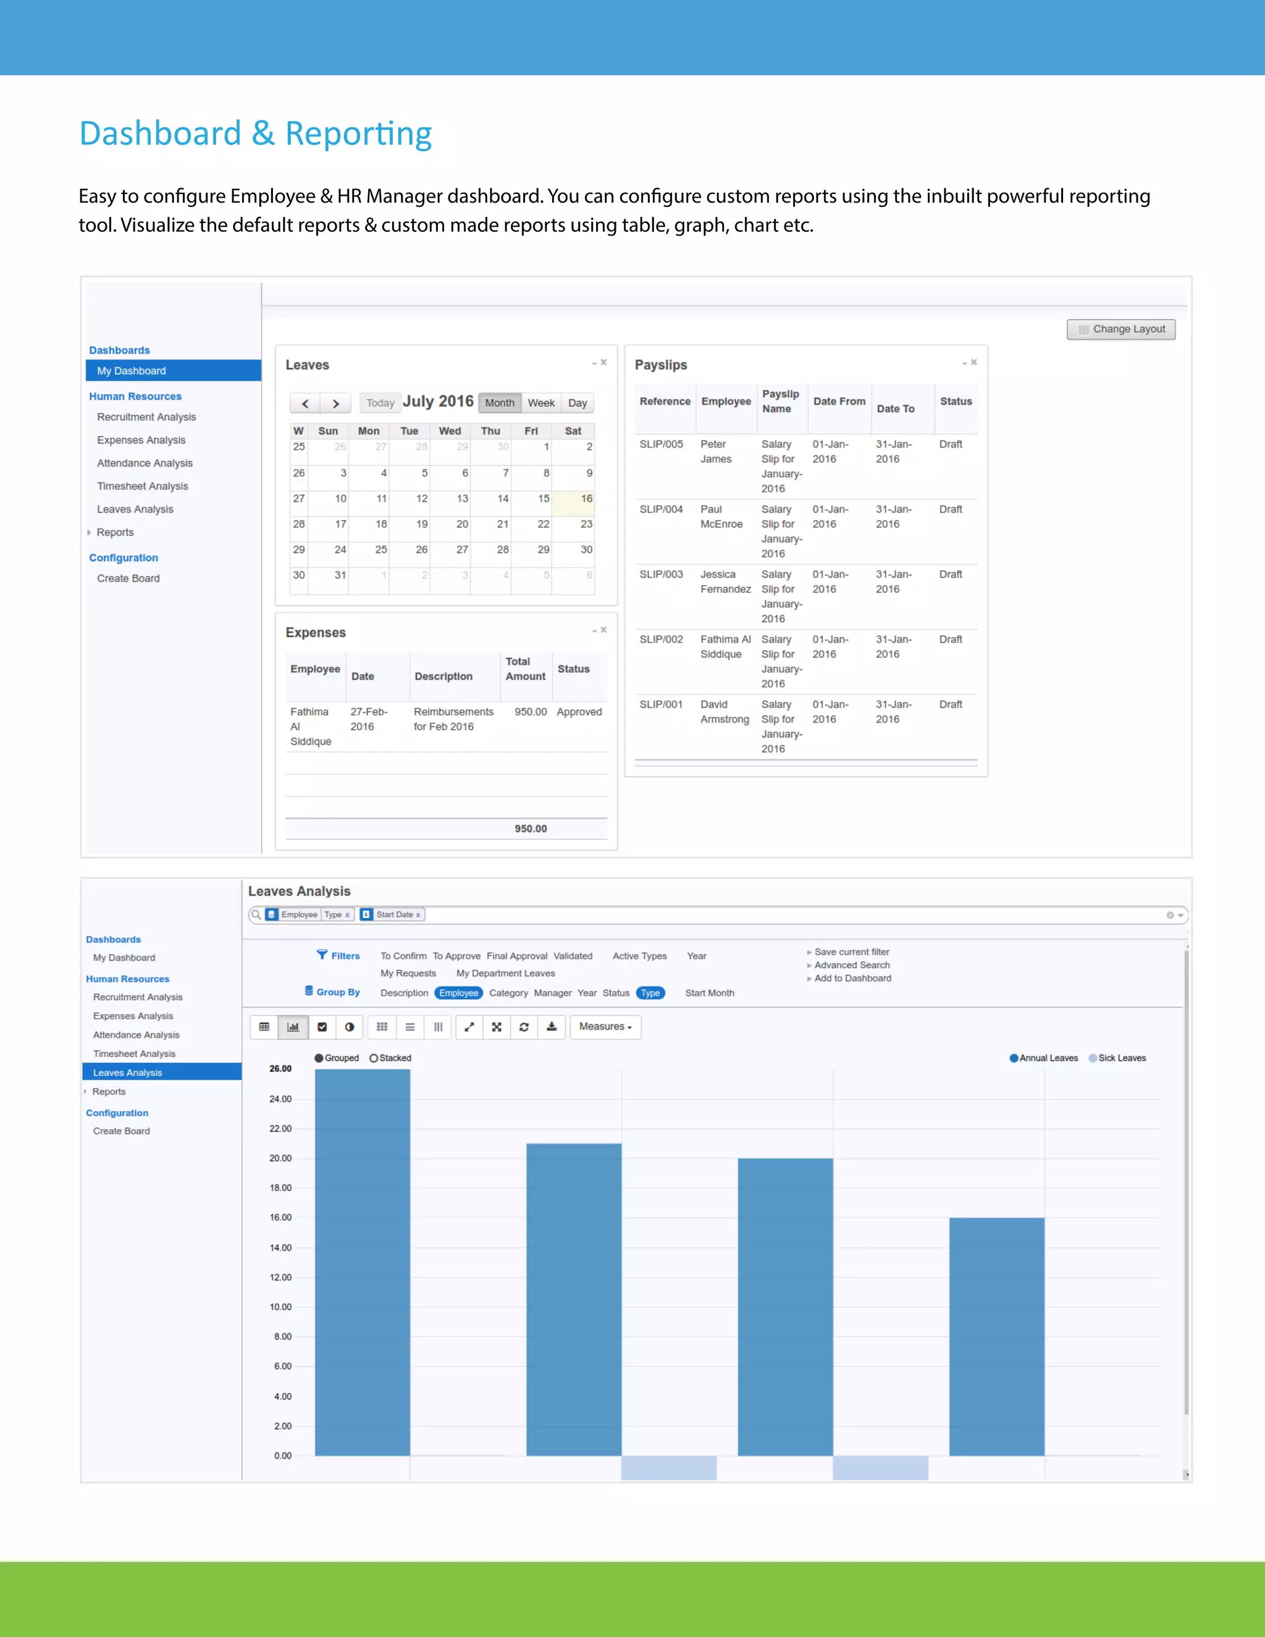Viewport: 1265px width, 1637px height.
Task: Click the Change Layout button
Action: click(x=1121, y=329)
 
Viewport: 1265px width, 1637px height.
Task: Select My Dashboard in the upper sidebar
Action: click(x=131, y=371)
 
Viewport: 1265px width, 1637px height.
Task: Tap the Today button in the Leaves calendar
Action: click(x=380, y=403)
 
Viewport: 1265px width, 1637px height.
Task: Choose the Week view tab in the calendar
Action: click(x=541, y=403)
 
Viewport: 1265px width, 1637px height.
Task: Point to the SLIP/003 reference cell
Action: click(x=661, y=574)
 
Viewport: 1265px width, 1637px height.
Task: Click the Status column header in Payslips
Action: click(x=956, y=402)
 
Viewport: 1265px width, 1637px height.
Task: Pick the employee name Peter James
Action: click(x=716, y=451)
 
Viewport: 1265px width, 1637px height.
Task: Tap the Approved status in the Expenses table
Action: click(x=579, y=712)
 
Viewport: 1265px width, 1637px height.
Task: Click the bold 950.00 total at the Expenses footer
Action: click(x=531, y=828)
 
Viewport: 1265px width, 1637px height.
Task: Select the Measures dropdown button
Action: click(x=605, y=1027)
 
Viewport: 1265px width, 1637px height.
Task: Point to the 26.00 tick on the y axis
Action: click(x=280, y=1069)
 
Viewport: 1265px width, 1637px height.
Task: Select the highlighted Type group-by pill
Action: click(x=650, y=993)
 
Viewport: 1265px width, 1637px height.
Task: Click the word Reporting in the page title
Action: click(x=358, y=133)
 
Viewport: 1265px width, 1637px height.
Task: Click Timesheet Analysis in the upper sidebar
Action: click(x=143, y=486)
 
